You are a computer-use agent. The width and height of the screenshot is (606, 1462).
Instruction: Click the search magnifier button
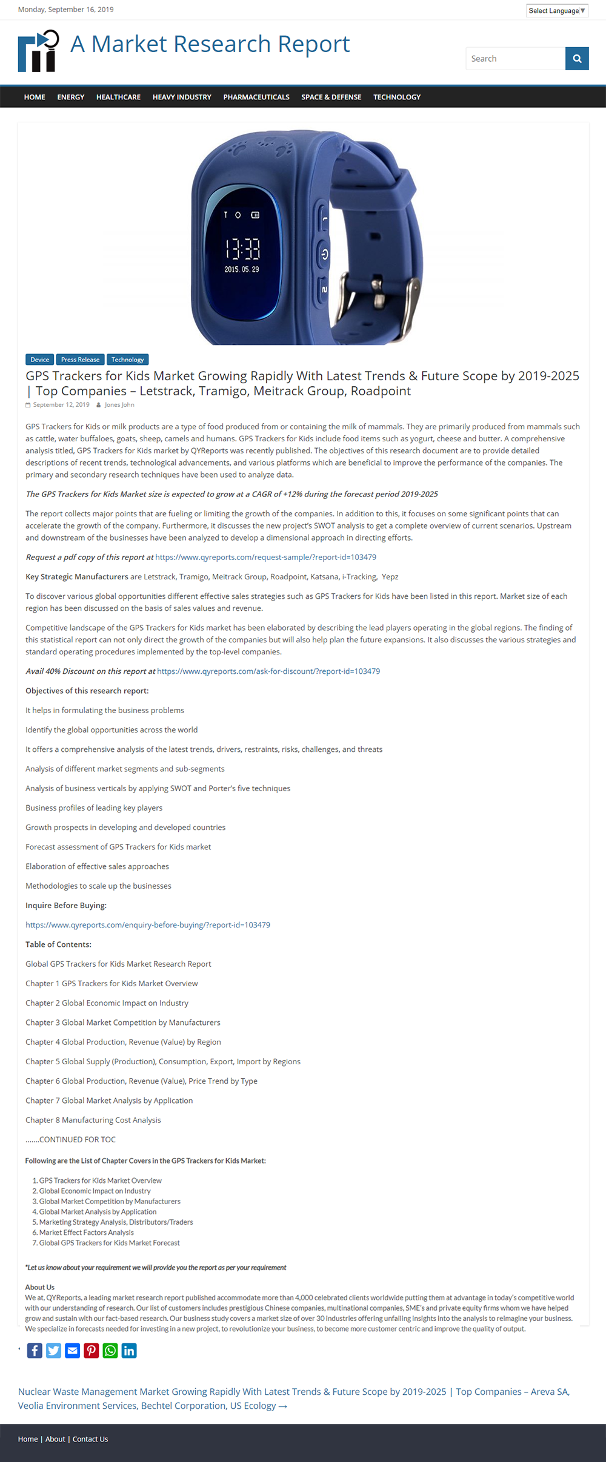pyautogui.click(x=577, y=59)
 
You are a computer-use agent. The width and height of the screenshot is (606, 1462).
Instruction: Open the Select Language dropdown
pyautogui.click(x=557, y=11)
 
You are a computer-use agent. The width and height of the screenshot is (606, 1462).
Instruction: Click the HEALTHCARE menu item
pyautogui.click(x=118, y=97)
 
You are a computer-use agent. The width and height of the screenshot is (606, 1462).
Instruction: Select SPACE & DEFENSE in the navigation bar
pyautogui.click(x=331, y=97)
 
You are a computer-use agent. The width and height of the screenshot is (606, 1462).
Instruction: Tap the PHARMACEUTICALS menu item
pyautogui.click(x=256, y=97)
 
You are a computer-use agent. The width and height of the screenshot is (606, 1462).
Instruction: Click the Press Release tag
pyautogui.click(x=80, y=360)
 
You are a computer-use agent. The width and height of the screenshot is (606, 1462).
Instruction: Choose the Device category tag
pyautogui.click(x=39, y=360)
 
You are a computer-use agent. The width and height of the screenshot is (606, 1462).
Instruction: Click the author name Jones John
pyautogui.click(x=119, y=405)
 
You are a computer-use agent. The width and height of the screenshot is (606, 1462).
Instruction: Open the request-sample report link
pyautogui.click(x=265, y=557)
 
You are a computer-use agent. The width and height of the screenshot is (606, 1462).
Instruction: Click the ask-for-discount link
pyautogui.click(x=268, y=671)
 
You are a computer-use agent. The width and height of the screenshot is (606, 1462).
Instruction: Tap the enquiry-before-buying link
pyautogui.click(x=148, y=925)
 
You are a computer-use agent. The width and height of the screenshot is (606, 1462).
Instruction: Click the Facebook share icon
pyautogui.click(x=35, y=1351)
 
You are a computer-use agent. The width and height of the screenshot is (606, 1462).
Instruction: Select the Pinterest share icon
pyautogui.click(x=92, y=1351)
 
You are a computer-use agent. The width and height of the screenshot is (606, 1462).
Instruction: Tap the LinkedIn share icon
pyautogui.click(x=129, y=1351)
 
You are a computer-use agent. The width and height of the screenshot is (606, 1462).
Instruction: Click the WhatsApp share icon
pyautogui.click(x=110, y=1351)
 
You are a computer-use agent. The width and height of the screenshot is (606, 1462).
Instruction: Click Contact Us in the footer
pyautogui.click(x=90, y=1439)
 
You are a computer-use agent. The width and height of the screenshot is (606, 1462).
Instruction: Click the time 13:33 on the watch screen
pyautogui.click(x=242, y=249)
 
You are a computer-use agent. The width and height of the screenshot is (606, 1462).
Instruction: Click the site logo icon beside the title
pyautogui.click(x=38, y=51)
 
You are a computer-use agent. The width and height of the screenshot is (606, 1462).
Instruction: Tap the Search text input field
pyautogui.click(x=515, y=59)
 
